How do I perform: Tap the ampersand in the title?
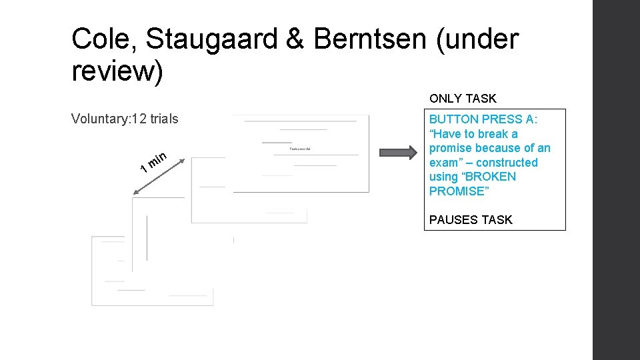295,40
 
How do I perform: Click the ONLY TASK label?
463,99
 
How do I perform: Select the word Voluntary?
99,119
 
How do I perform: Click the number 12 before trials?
140,119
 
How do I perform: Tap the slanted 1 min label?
153,163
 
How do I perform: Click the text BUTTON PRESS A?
483,119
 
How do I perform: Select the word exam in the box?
443,163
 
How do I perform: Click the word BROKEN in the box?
493,177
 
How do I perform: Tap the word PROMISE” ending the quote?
456,191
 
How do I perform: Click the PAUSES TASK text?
471,220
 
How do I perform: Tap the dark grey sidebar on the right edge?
616,180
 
